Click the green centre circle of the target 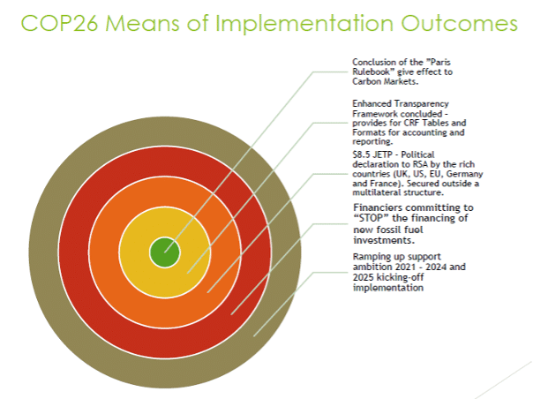(165, 252)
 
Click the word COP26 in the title (60, 23)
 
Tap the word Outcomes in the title (459, 23)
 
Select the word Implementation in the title (304, 24)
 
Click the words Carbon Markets (385, 81)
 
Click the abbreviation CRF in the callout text (411, 123)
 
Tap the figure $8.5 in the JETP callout (361, 154)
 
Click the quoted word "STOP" (372, 218)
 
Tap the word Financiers (378, 207)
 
